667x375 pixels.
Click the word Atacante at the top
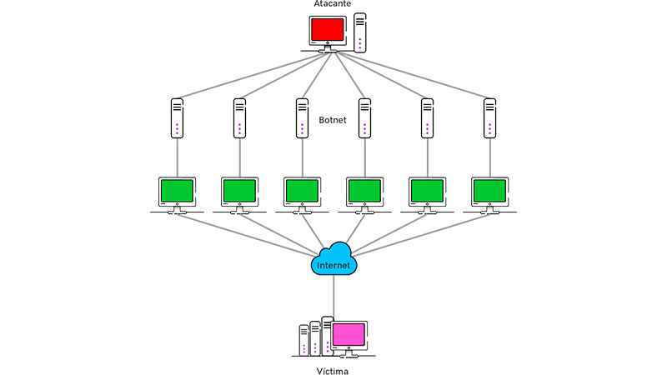(333, 5)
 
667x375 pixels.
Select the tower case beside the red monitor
(359, 32)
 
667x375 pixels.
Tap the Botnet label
(333, 120)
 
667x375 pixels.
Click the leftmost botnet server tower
(177, 118)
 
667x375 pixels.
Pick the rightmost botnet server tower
(489, 118)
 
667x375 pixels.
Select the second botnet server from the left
(239, 118)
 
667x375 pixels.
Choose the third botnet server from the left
(302, 118)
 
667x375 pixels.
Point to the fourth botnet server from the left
(364, 118)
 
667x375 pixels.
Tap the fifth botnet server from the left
(427, 118)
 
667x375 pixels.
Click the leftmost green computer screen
(177, 191)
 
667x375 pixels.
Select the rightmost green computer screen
(489, 191)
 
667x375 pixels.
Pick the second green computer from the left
(239, 191)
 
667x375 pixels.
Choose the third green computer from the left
(302, 191)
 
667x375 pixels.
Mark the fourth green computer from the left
(364, 191)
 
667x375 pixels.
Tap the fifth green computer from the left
(427, 191)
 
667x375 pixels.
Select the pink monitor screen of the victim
(349, 335)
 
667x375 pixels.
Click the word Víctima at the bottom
(333, 370)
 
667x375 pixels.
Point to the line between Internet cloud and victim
(333, 296)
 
